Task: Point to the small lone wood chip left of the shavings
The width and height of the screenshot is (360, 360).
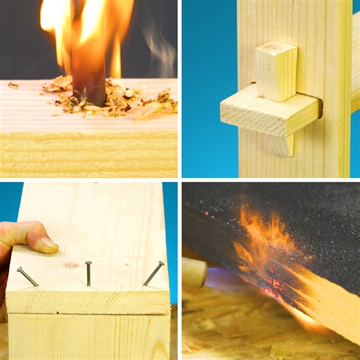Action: click(x=13, y=85)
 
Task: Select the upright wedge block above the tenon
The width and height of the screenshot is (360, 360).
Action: click(x=275, y=71)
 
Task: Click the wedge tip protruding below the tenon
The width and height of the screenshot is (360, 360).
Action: click(x=281, y=145)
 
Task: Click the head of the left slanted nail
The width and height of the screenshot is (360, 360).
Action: click(x=19, y=270)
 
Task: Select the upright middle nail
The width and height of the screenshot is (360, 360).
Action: click(x=89, y=273)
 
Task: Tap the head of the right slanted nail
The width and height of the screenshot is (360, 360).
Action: click(x=162, y=263)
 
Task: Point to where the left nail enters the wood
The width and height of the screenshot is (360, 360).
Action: click(x=37, y=285)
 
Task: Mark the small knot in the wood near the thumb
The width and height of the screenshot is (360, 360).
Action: click(x=71, y=265)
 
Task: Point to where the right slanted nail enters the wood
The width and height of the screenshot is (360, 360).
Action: click(x=145, y=285)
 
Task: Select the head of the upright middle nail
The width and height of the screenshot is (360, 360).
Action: click(x=88, y=263)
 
